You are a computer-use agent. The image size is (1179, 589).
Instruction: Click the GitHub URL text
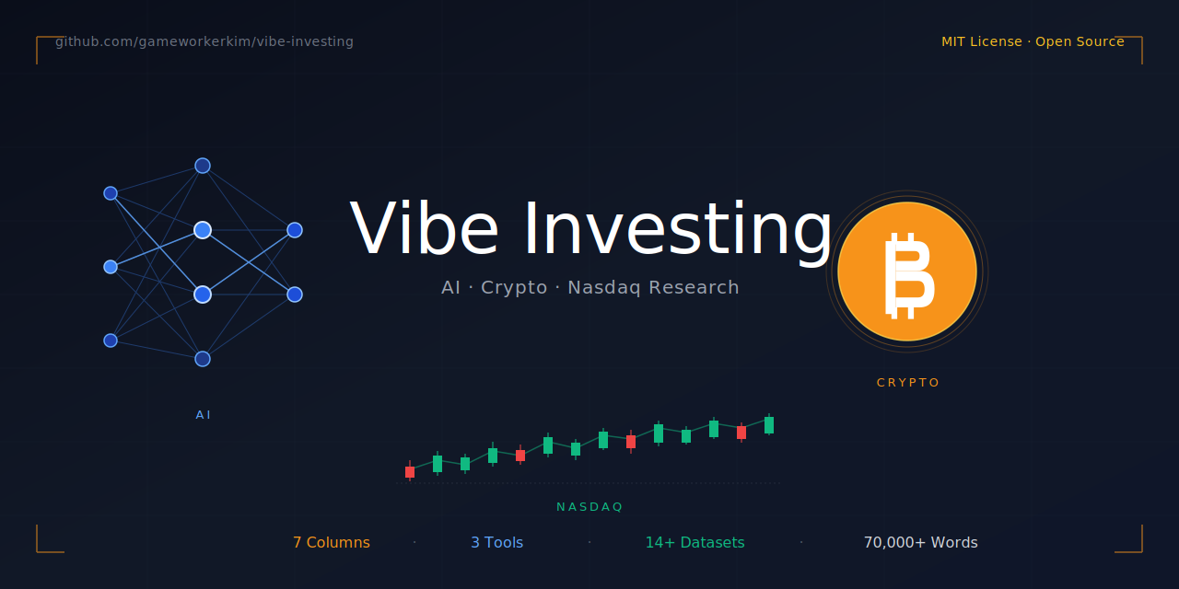tap(204, 41)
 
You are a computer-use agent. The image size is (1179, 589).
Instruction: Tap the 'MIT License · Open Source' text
tap(1032, 41)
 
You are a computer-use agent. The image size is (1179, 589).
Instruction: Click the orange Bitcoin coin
tap(907, 271)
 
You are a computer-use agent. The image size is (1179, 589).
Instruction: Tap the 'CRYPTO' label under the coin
tap(908, 383)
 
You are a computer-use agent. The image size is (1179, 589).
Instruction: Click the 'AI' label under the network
tap(204, 415)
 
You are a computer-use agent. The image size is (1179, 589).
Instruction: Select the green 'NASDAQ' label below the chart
tap(589, 507)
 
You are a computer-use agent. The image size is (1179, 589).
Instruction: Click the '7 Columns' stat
tap(332, 543)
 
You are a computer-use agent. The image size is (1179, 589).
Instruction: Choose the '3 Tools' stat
tap(496, 543)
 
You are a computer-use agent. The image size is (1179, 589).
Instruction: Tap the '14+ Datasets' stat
tap(695, 543)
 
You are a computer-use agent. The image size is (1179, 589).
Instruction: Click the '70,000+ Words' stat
tap(920, 543)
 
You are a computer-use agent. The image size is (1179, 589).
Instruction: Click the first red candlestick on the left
tap(410, 472)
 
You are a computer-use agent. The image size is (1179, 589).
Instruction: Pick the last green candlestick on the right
tap(769, 425)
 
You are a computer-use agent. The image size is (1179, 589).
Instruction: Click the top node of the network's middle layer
tap(203, 166)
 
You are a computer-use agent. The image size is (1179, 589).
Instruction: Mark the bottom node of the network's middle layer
tap(203, 359)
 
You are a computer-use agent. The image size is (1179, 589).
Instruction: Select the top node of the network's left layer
tap(111, 193)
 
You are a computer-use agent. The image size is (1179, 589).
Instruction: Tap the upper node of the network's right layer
tap(295, 230)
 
